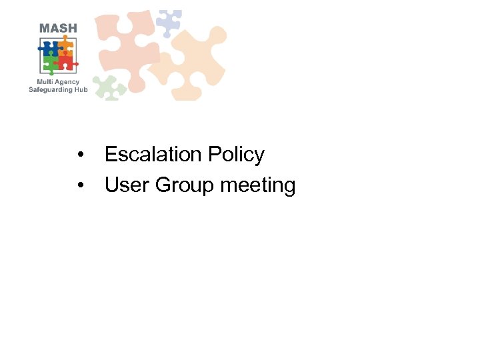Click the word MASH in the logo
(58, 28)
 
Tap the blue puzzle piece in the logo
(49, 48)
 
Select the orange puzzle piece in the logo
(65, 47)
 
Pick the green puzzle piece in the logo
(51, 64)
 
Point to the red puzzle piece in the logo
(65, 63)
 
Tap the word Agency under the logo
(67, 82)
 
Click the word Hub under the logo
(81, 89)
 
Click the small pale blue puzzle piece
(168, 23)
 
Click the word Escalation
(153, 155)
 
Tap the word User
(127, 185)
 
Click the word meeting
(257, 185)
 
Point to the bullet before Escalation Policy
(80, 155)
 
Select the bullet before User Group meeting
(80, 185)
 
